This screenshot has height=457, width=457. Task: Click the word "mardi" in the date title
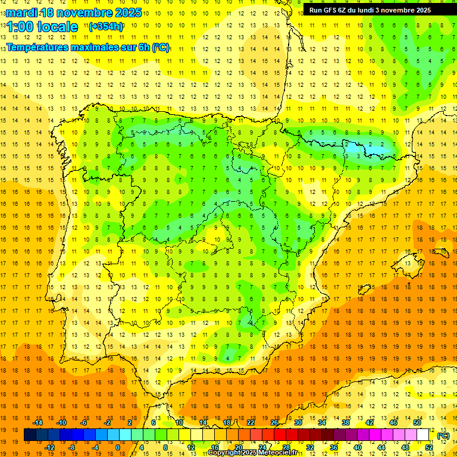[20, 12]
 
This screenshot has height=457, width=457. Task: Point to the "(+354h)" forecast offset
[106, 27]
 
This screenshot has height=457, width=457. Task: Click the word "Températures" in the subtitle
[40, 47]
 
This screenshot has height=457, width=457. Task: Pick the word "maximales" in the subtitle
[101, 47]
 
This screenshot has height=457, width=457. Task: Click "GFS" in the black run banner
[337, 10]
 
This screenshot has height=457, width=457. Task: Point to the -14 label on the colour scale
[37, 422]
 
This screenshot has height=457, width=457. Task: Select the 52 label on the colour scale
[429, 447]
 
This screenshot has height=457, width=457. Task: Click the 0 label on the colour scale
[118, 447]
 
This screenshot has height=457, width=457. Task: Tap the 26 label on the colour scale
[274, 422]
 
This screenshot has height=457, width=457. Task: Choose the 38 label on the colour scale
[345, 422]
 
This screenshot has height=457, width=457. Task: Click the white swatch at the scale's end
[423, 435]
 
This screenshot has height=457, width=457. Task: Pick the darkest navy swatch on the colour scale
[30, 435]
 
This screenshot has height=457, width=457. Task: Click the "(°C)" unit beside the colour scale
[443, 436]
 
